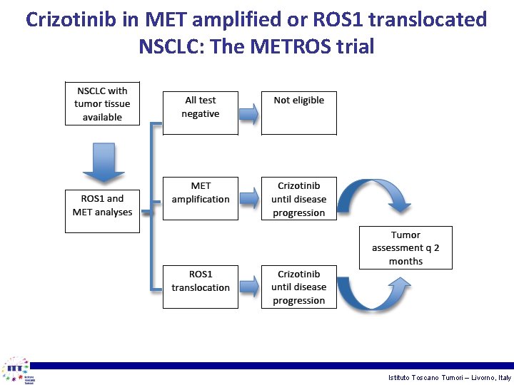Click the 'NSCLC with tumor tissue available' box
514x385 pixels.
(102, 103)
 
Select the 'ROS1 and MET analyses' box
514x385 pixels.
(102, 210)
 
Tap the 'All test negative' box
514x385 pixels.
(200, 113)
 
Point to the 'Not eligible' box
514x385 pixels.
(298, 113)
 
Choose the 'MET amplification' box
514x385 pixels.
(200, 198)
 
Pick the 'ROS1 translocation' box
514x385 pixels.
(200, 287)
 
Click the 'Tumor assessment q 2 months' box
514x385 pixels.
(405, 247)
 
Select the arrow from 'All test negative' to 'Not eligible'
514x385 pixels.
(248, 113)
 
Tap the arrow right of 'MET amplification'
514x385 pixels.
(248, 197)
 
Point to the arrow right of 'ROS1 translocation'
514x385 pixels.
(248, 286)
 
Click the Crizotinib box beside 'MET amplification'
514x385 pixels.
(298, 198)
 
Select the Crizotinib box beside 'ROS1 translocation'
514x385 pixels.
(298, 287)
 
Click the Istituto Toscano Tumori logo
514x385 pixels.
(18, 370)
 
